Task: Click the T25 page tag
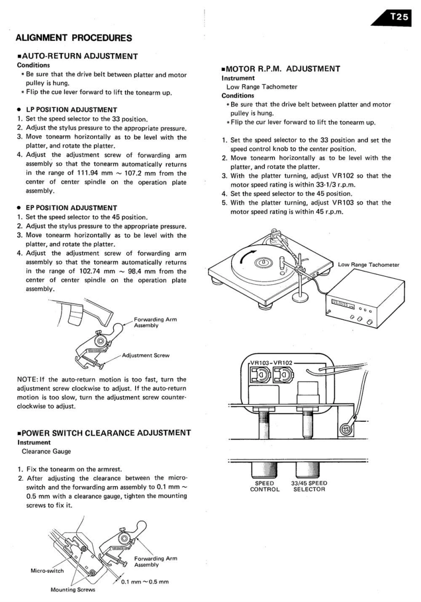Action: tap(399, 17)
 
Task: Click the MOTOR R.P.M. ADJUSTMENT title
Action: tap(283, 69)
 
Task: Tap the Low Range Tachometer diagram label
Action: tap(368, 264)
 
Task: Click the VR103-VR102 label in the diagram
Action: tap(271, 363)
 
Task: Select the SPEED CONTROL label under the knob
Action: tap(265, 486)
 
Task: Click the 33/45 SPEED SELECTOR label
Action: tap(309, 486)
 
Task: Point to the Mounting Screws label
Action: tap(73, 590)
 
